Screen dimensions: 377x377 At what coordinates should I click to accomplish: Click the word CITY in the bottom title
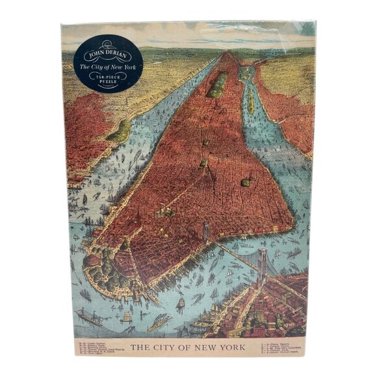pyautogui.click(x=165, y=347)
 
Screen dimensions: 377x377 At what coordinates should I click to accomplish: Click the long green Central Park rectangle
pyautogui.click(x=217, y=84)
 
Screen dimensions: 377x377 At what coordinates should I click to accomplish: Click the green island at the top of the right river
pyautogui.click(x=245, y=73)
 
